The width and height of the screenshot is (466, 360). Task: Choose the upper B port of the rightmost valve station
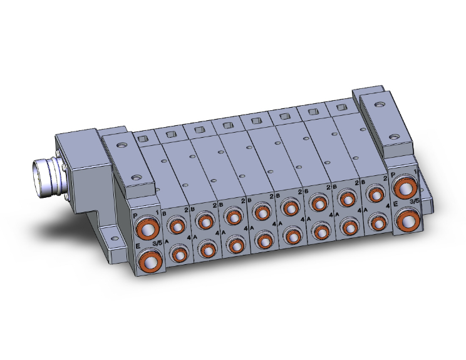click(x=375, y=194)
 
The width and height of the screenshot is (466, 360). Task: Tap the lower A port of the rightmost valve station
click(x=376, y=222)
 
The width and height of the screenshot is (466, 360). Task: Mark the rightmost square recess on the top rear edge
click(x=341, y=108)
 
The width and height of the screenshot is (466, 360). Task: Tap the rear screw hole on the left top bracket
click(x=120, y=145)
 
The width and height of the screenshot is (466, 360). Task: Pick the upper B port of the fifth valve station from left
click(x=289, y=207)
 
